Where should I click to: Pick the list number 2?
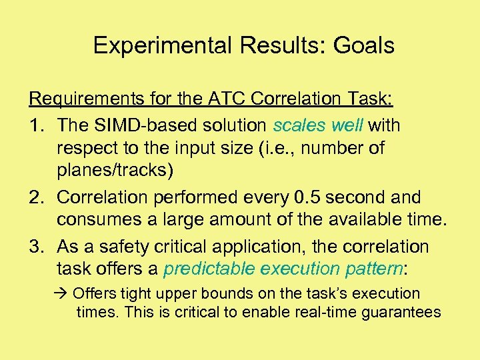36,198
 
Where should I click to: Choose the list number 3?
36,247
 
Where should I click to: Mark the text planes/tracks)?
115,171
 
